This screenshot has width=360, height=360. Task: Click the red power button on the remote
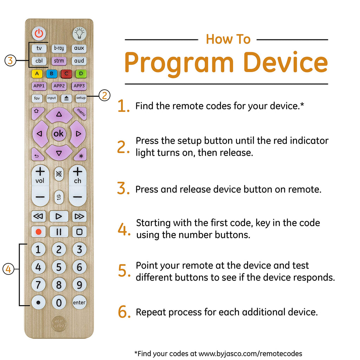tap(39, 33)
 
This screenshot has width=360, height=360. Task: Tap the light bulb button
tap(79, 33)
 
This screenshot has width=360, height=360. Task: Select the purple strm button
tap(59, 61)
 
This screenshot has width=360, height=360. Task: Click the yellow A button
tap(37, 74)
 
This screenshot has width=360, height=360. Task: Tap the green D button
tap(81, 74)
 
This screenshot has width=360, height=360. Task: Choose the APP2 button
tap(59, 86)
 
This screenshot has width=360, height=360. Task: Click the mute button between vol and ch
tap(59, 174)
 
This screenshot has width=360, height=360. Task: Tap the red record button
tap(38, 232)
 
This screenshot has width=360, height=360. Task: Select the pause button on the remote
tap(59, 232)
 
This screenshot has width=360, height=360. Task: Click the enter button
tap(79, 302)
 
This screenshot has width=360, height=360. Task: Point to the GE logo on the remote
tap(59, 324)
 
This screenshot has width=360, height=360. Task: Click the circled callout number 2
tap(104, 96)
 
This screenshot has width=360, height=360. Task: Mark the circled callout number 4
tap(8, 269)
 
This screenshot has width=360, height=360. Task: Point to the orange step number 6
tap(124, 312)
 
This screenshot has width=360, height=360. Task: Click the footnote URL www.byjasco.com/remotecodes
tap(250, 353)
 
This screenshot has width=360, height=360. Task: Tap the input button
tap(52, 98)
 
